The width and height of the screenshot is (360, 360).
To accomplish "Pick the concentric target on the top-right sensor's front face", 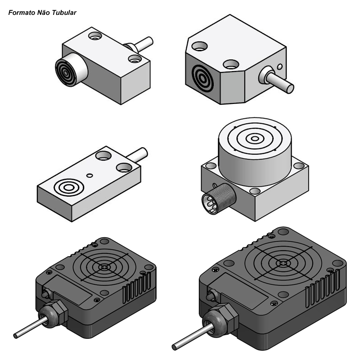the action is click(203, 78).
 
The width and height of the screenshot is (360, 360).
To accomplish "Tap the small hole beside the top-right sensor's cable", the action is click(279, 67).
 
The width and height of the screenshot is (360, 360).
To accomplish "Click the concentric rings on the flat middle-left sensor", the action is click(69, 188).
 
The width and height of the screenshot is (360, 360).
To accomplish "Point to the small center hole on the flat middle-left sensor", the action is click(90, 175).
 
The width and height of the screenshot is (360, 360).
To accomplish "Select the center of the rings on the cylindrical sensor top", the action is click(255, 139).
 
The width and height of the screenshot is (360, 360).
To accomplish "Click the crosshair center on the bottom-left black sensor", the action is click(104, 267).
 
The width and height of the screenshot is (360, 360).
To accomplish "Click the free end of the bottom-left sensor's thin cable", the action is click(16, 336).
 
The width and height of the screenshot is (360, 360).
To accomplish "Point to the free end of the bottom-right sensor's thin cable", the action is click(175, 347).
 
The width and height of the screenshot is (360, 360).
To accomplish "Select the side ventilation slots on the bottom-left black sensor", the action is click(137, 288).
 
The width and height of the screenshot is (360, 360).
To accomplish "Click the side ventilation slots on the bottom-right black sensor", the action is click(323, 288).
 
